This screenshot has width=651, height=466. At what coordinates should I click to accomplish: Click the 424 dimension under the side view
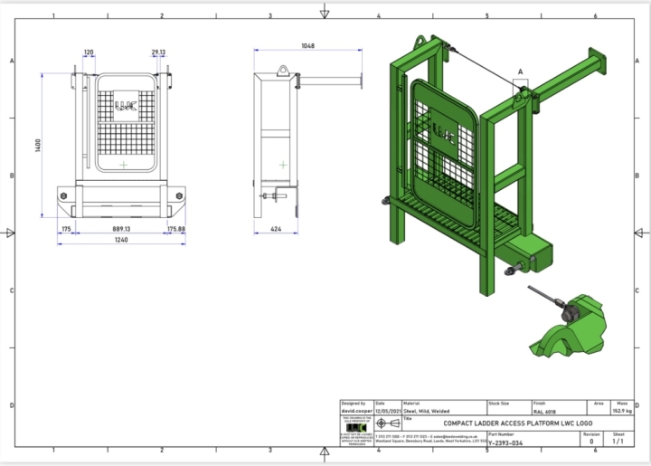278,230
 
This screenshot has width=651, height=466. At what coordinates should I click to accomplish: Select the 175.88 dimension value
176,230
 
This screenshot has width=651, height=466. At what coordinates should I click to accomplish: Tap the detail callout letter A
520,70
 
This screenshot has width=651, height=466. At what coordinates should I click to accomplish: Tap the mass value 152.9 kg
621,412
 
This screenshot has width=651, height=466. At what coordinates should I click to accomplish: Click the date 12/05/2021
386,412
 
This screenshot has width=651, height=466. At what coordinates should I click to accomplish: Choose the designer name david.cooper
354,412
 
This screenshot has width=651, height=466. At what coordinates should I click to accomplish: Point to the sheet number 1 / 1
618,442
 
